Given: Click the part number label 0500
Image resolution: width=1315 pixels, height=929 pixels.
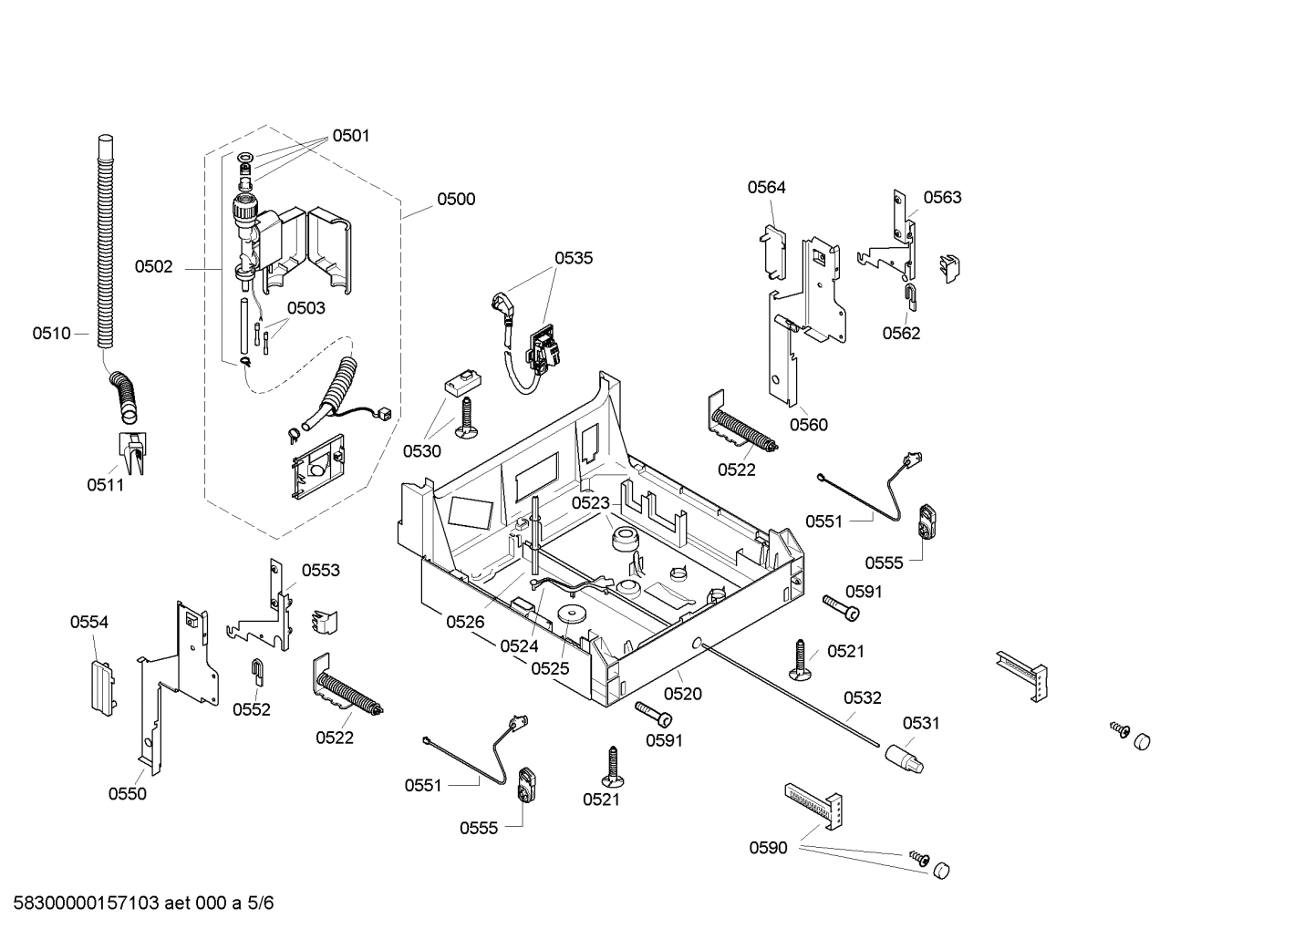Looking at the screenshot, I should pyautogui.click(x=455, y=200).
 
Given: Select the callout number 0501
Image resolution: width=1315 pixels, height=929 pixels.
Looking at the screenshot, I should pyautogui.click(x=350, y=136).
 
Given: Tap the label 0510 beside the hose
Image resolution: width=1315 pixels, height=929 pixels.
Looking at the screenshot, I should pyautogui.click(x=51, y=334).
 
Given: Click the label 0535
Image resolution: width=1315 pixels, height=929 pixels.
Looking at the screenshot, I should pyautogui.click(x=574, y=258).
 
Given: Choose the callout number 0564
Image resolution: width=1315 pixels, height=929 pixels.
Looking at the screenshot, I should pyautogui.click(x=766, y=188).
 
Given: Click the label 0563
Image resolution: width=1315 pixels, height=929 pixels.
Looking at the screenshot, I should pyautogui.click(x=942, y=198).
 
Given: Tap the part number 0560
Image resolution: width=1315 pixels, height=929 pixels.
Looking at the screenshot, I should pyautogui.click(x=808, y=425).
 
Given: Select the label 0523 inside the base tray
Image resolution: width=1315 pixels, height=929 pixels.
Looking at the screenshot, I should pyautogui.click(x=590, y=503).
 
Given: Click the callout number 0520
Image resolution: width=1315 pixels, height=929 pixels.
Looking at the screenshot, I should pyautogui.click(x=682, y=694).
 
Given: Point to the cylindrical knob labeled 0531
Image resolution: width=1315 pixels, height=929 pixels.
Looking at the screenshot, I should pyautogui.click(x=903, y=758).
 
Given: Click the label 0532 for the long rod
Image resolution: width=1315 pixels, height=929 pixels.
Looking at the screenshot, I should pyautogui.click(x=862, y=698).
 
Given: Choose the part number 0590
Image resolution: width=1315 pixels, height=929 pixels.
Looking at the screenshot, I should pyautogui.click(x=768, y=849).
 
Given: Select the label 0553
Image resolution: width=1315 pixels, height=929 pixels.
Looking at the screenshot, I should pyautogui.click(x=320, y=571).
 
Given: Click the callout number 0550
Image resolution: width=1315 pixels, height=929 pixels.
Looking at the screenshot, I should pyautogui.click(x=127, y=794).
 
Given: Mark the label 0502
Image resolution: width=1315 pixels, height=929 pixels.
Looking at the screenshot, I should pyautogui.click(x=153, y=267).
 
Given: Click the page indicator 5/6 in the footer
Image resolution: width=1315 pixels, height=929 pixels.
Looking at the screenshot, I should pyautogui.click(x=260, y=903).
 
